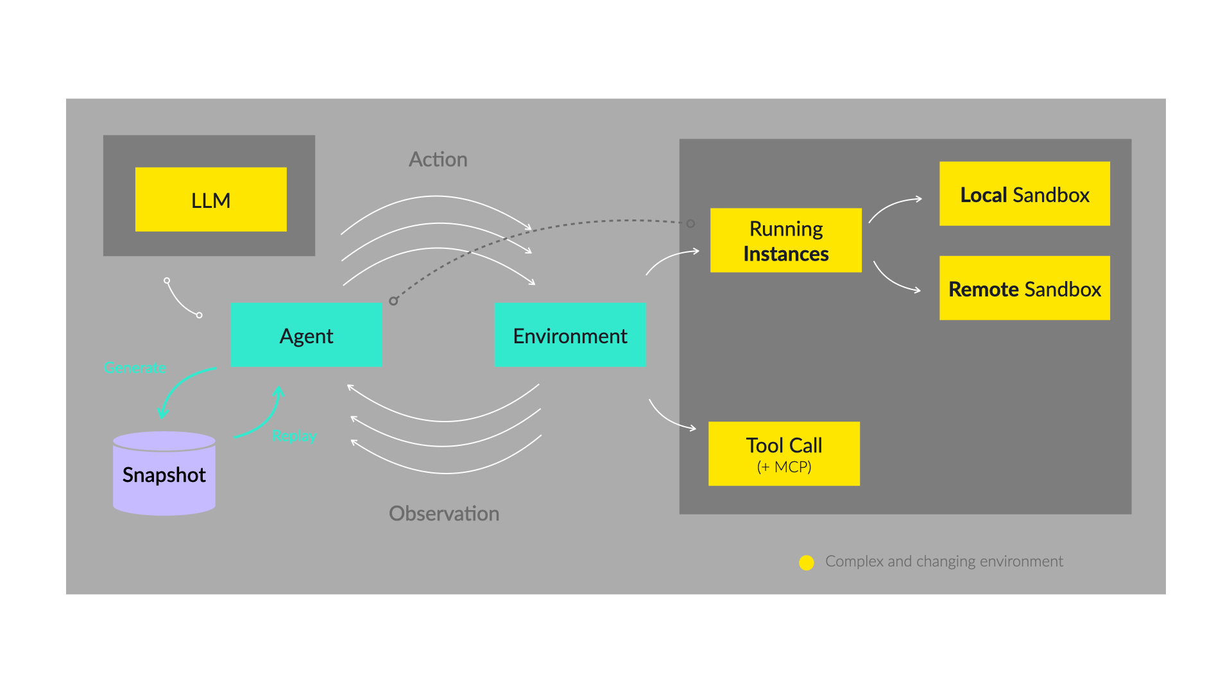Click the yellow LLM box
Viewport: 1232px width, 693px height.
(210, 200)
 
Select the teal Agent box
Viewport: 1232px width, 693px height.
(306, 335)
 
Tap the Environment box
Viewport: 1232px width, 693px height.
(570, 335)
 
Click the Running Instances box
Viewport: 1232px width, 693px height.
(785, 241)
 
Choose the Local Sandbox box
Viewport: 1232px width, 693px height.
(1024, 194)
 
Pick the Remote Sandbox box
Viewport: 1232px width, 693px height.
(1024, 288)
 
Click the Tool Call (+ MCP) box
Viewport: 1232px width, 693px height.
(783, 454)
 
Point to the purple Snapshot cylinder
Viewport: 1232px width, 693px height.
(164, 475)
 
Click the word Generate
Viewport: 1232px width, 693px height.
(135, 368)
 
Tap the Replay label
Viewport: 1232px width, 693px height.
(294, 436)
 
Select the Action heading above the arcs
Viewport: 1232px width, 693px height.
(438, 159)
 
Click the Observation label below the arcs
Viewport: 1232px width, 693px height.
(444, 513)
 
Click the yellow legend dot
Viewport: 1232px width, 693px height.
(807, 563)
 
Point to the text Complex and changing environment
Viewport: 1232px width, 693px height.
(944, 561)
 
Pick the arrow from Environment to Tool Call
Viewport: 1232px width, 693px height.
(669, 419)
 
